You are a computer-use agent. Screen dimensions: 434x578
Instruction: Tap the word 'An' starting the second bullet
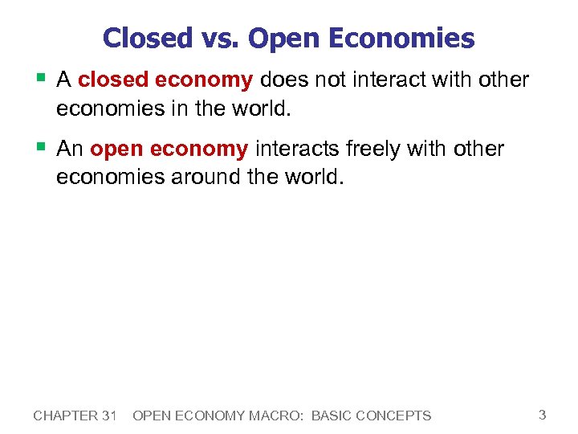tap(71, 149)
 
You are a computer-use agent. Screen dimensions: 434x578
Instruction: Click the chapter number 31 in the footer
tap(110, 416)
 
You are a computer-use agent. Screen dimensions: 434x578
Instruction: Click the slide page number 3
tap(542, 415)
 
